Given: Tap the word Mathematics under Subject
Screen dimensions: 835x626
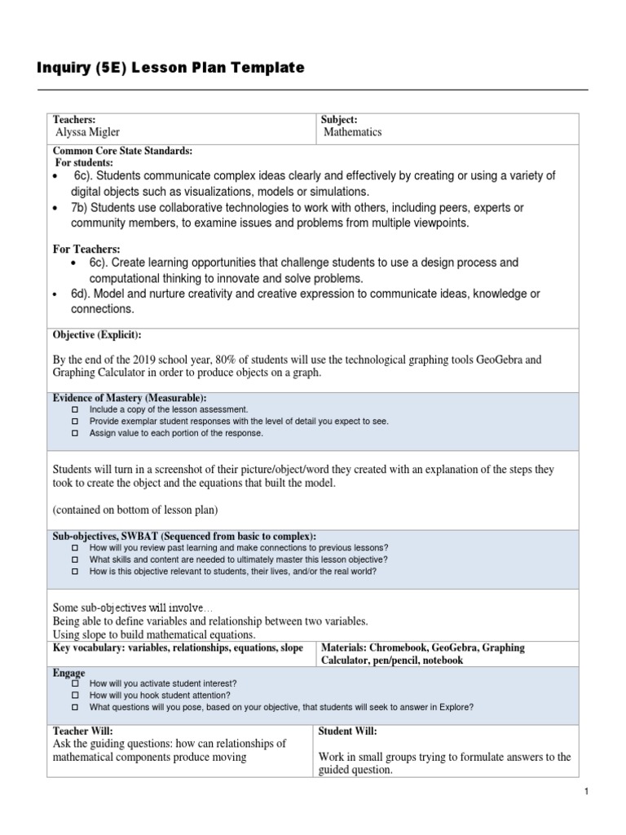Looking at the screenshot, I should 352,132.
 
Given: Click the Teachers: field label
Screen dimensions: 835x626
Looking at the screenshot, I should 75,119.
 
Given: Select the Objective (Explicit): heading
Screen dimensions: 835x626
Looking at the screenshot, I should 97,335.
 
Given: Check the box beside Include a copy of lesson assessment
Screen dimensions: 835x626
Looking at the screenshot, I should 73,409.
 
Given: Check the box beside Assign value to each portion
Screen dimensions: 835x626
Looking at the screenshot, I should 73,434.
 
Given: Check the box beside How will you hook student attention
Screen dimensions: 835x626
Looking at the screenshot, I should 73,696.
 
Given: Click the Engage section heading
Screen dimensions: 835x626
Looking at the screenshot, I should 68,673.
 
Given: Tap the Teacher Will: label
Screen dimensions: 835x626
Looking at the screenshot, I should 83,731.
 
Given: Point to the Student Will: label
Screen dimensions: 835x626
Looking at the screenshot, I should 347,731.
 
